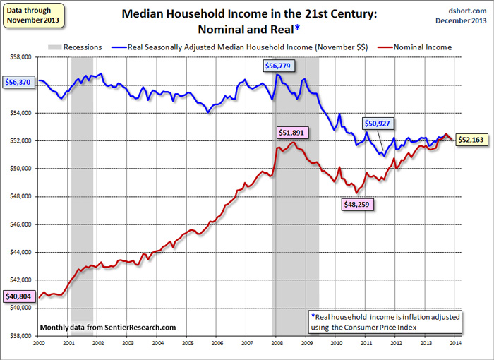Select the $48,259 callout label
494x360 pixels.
[357, 204]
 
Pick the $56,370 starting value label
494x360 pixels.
[19, 81]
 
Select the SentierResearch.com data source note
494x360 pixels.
[108, 328]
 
